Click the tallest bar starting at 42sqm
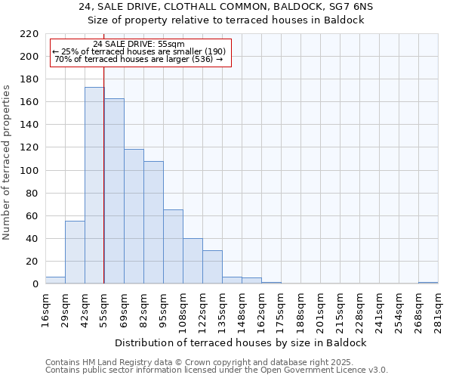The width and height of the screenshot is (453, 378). (x=94, y=185)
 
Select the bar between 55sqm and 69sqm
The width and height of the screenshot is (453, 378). (x=114, y=191)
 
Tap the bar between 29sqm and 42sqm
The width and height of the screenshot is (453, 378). (x=75, y=252)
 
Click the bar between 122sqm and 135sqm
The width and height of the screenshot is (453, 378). (x=212, y=267)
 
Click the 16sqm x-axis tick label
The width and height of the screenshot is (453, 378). (x=45, y=309)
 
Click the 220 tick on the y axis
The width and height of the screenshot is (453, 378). (x=29, y=34)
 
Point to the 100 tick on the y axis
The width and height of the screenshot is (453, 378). (x=29, y=171)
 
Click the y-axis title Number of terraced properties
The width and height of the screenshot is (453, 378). (x=7, y=163)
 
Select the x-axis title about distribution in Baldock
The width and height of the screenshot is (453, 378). (x=242, y=342)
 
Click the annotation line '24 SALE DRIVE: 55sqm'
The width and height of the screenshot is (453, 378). (x=139, y=45)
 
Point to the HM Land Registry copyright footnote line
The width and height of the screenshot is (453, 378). (x=215, y=363)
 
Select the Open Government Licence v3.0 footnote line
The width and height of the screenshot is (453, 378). (x=217, y=370)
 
